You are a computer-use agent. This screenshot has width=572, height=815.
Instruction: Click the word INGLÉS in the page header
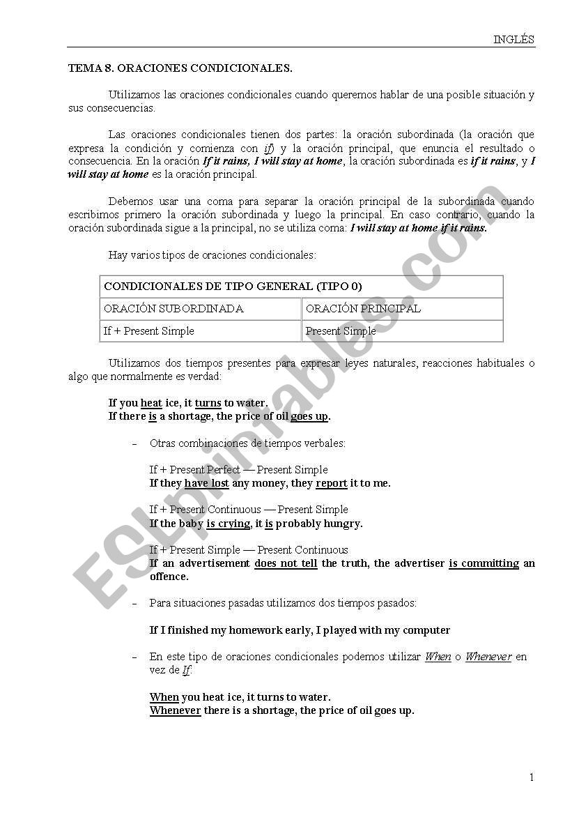(x=513, y=40)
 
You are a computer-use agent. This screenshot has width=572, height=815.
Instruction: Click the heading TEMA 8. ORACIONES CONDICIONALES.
(x=180, y=68)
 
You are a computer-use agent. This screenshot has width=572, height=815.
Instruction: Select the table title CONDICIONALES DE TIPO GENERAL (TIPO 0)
(x=233, y=287)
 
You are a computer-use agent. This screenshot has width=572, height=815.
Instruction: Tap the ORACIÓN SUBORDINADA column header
(x=173, y=309)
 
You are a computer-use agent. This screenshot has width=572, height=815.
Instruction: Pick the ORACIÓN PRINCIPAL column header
(x=363, y=309)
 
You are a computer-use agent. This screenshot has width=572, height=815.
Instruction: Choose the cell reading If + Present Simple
(x=149, y=331)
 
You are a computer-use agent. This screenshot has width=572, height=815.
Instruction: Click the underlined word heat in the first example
(x=151, y=403)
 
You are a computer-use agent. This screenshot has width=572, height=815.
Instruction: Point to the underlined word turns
(x=208, y=403)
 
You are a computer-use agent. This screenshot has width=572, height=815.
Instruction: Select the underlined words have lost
(x=206, y=483)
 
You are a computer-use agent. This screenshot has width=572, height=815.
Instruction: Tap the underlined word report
(x=332, y=483)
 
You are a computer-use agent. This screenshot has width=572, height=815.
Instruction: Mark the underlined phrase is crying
(x=228, y=524)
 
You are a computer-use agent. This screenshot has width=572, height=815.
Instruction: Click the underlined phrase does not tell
(x=286, y=563)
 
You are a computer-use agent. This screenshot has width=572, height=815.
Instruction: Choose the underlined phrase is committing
(x=484, y=563)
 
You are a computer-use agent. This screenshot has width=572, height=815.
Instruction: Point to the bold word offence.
(x=169, y=577)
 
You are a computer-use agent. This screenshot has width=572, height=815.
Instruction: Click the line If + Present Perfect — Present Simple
(x=238, y=470)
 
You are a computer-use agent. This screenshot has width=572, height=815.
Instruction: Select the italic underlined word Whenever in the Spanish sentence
(x=488, y=657)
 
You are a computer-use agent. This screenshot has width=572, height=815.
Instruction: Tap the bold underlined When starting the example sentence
(x=164, y=697)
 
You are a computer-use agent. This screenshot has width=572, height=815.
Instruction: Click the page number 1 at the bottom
(x=532, y=778)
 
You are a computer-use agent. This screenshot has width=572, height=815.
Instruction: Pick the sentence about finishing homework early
(x=300, y=630)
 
